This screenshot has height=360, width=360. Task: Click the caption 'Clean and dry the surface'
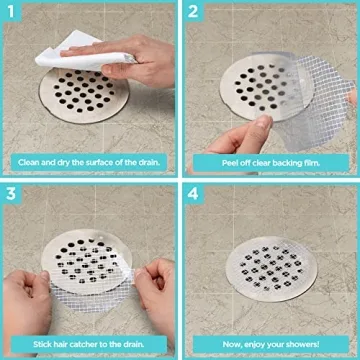pyautogui.click(x=88, y=160)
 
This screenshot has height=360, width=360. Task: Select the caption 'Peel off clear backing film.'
pyautogui.click(x=269, y=160)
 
